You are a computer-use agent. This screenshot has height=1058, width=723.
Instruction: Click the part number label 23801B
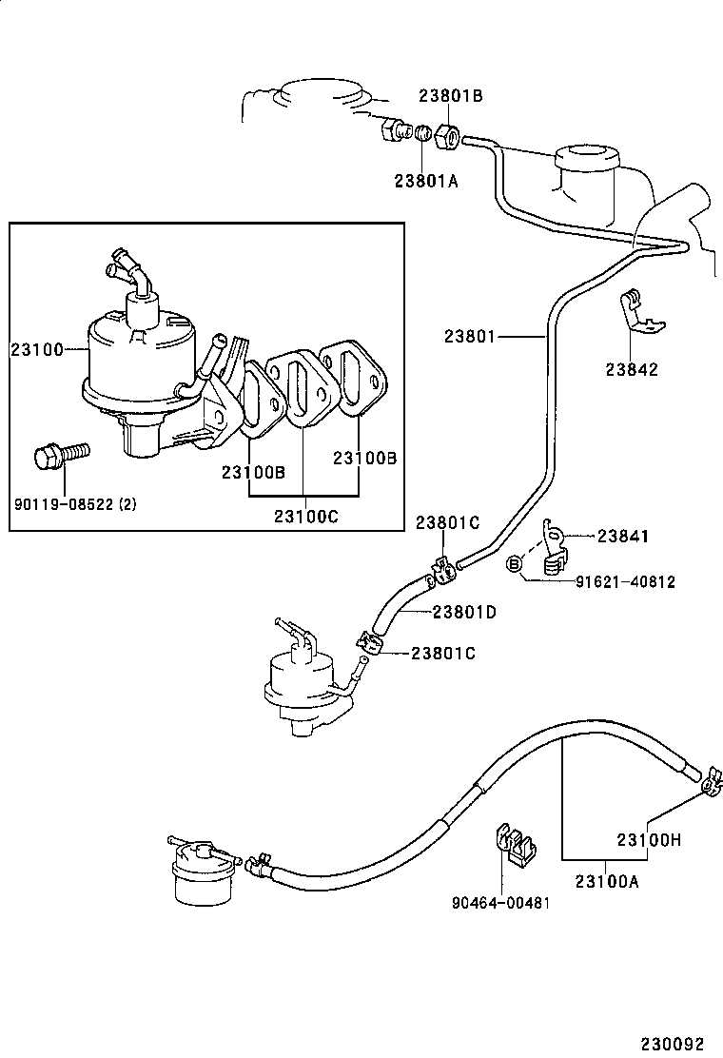[x=451, y=96]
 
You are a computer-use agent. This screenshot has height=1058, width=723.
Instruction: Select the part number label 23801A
[x=426, y=180]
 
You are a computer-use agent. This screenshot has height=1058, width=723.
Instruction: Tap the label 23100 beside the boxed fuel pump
[x=36, y=349]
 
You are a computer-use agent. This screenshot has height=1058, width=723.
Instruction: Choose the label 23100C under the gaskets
[x=305, y=517]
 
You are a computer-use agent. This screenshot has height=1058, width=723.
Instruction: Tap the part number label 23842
[x=633, y=370]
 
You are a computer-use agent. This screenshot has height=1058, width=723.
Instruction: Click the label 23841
[x=623, y=537]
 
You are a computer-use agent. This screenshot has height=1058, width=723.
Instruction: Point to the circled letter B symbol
[x=515, y=564]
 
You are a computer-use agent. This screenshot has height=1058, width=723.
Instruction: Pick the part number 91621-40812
[x=625, y=581]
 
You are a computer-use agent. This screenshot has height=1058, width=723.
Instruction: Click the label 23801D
[x=464, y=612]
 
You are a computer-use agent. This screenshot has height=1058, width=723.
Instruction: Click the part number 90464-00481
[x=500, y=902]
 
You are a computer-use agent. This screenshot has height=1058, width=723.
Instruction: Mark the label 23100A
[x=606, y=881]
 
